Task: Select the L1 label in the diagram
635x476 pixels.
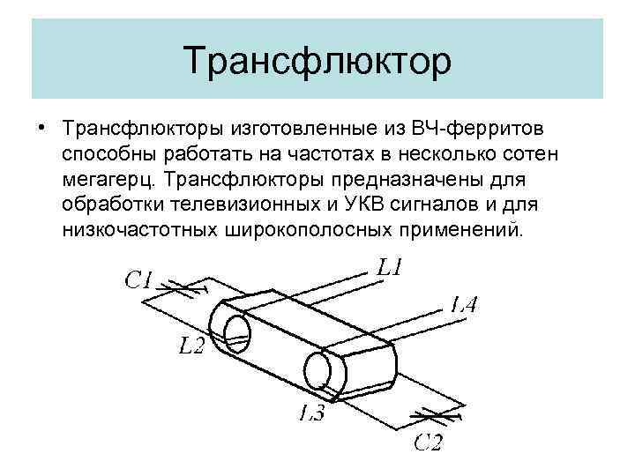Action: [391, 267]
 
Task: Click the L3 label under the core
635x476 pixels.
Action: [310, 412]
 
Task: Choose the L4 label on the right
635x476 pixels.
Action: [464, 306]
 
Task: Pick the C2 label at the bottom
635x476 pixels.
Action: [429, 443]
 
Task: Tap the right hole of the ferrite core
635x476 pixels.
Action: [318, 368]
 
